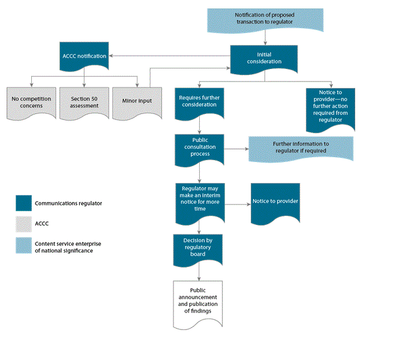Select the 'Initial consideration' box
tap(265, 58)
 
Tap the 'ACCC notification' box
tap(84, 56)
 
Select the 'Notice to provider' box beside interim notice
tap(275, 202)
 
